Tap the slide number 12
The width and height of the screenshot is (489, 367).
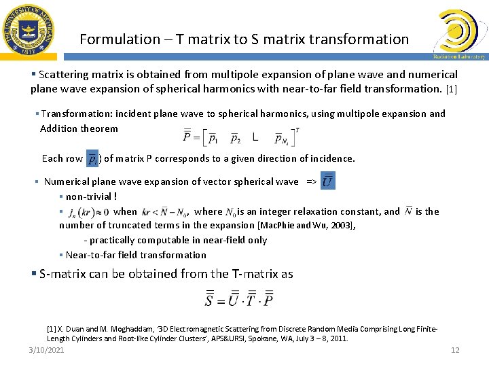(455, 350)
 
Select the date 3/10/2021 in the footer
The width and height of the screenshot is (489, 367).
(46, 350)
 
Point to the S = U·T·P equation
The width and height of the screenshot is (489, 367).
(240, 298)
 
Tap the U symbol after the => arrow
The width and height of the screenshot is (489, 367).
(328, 181)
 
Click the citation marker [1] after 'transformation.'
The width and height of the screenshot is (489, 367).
(452, 88)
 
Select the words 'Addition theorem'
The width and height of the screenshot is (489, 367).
(79, 128)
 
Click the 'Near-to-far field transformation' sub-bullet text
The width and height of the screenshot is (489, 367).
(136, 255)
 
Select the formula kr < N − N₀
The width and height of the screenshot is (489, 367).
(166, 212)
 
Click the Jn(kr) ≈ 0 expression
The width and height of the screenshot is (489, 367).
(88, 212)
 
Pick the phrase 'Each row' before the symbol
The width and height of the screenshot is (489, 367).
(62, 158)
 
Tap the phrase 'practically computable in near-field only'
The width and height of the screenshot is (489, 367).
(179, 240)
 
